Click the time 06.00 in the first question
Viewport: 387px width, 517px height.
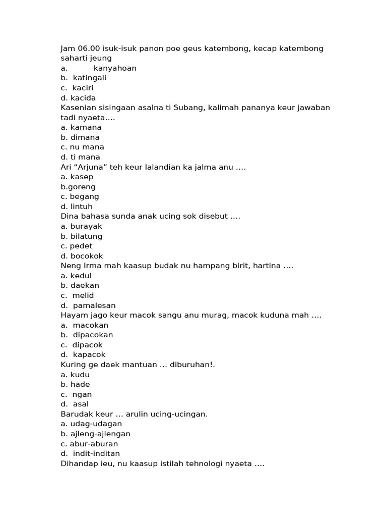pyautogui.click(x=89, y=48)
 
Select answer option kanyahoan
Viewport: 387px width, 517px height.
pyautogui.click(x=115, y=68)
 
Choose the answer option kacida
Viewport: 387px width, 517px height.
pyautogui.click(x=83, y=98)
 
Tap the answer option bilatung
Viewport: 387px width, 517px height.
pyautogui.click(x=86, y=236)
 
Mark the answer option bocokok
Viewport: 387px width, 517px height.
pyautogui.click(x=87, y=256)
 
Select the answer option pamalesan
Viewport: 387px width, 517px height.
pyautogui.click(x=94, y=305)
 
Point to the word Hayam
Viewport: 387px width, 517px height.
pyautogui.click(x=73, y=315)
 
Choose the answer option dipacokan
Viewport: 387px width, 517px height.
pyautogui.click(x=93, y=335)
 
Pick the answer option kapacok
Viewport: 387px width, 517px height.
pyautogui.click(x=89, y=354)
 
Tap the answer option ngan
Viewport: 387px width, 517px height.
pyautogui.click(x=82, y=394)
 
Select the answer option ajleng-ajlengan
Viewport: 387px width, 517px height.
pyautogui.click(x=100, y=434)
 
